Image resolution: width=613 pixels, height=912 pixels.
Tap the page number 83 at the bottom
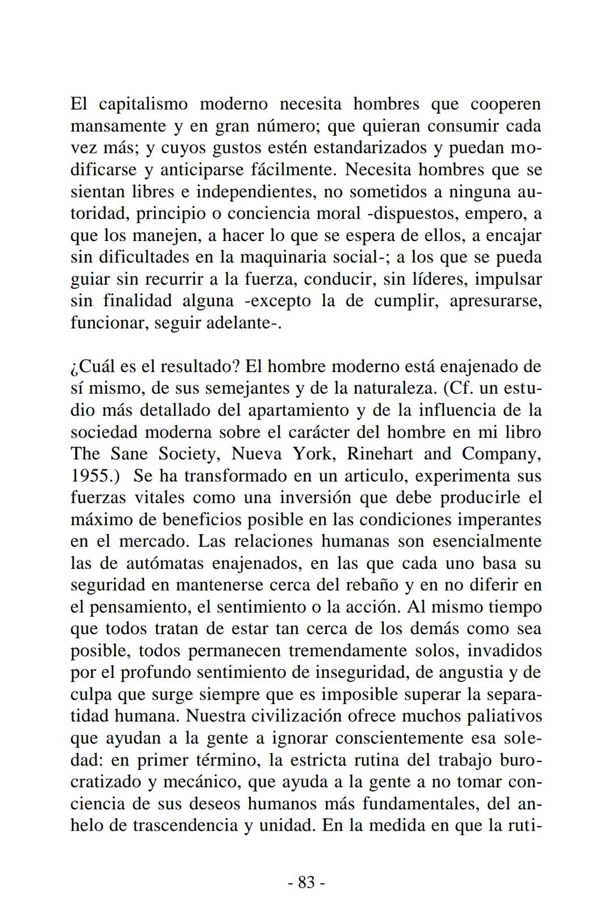click(x=306, y=882)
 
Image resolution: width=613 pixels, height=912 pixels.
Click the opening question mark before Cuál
click(x=74, y=367)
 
